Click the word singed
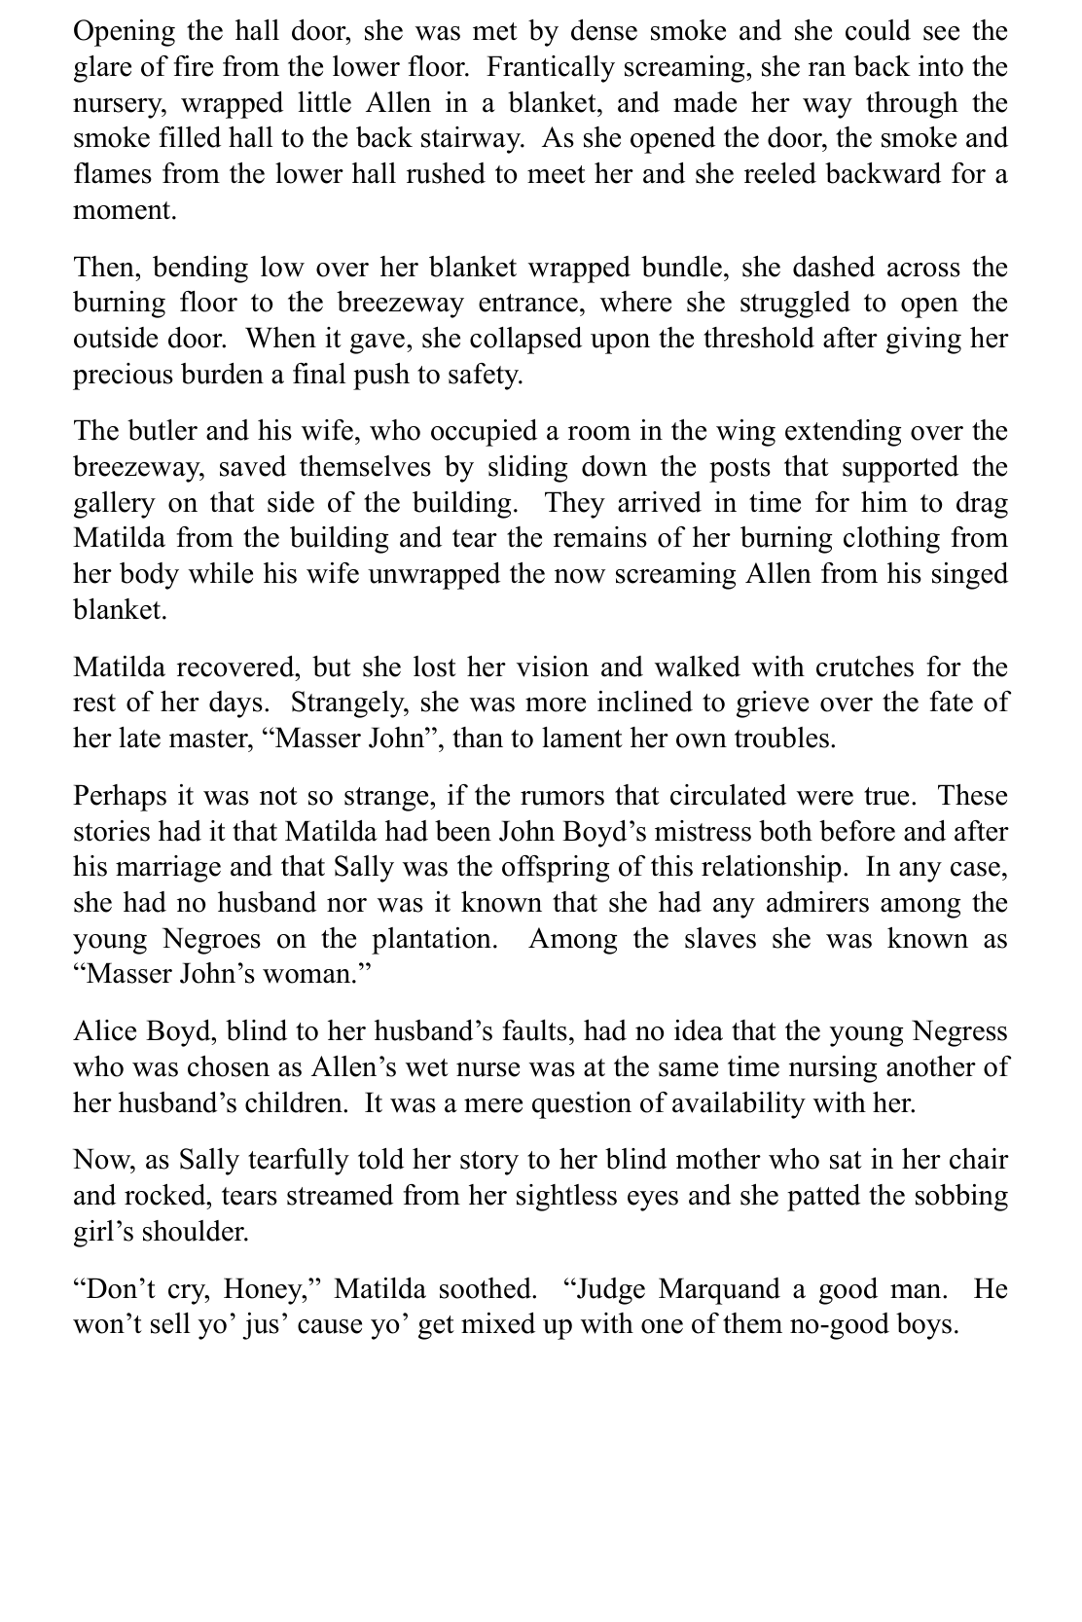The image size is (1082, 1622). (x=965, y=573)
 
